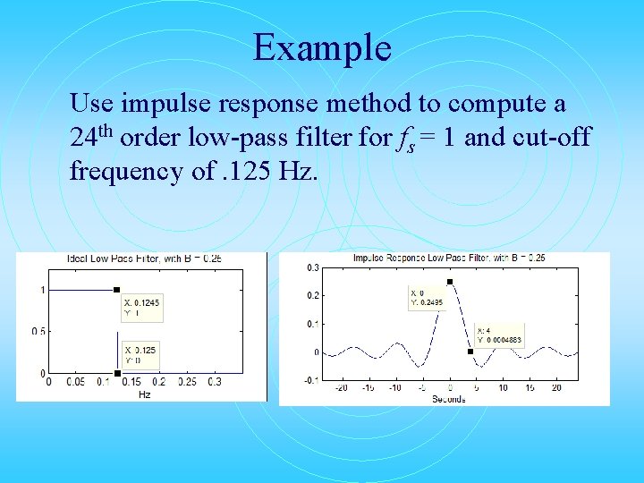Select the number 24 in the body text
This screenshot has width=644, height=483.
[83, 139]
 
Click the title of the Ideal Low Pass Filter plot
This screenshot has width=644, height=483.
[145, 258]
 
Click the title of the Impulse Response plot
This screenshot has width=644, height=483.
[449, 258]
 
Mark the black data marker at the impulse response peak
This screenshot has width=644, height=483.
[450, 282]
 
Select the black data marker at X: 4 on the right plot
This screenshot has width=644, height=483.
[470, 352]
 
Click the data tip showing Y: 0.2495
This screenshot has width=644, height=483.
[427, 297]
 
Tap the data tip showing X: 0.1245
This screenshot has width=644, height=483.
[143, 309]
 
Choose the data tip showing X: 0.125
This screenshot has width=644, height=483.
[141, 355]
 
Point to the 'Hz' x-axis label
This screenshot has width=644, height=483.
[145, 394]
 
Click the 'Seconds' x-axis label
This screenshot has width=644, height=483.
[449, 398]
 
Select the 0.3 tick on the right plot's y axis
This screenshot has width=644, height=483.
[312, 267]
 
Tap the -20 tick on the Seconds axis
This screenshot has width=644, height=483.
[340, 388]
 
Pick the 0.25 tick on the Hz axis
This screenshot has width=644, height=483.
[187, 383]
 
